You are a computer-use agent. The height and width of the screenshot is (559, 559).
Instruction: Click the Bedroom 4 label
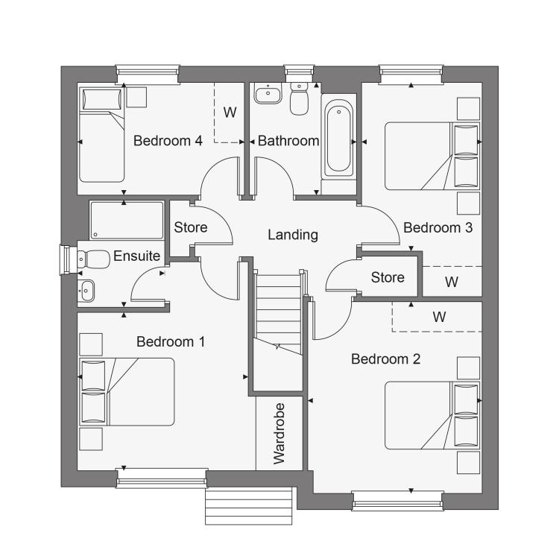point(168,141)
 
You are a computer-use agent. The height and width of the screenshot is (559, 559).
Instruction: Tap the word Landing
point(293,235)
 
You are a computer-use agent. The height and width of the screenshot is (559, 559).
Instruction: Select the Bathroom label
point(288,141)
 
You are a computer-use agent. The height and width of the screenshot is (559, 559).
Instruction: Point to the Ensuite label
point(136,256)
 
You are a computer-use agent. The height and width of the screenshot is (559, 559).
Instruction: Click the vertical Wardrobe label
point(279,434)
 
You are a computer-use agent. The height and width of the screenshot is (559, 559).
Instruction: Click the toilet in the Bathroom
point(299,98)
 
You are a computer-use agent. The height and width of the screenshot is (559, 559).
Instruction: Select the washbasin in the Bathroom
point(268,93)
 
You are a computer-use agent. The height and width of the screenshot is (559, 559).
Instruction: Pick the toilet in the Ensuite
point(93,259)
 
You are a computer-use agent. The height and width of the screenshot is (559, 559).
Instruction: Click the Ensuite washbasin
point(86,291)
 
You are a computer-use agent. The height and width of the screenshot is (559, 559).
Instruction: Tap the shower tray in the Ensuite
point(127,221)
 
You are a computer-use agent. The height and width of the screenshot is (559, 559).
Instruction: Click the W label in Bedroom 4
point(230,113)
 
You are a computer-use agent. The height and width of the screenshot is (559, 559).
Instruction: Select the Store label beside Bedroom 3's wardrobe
point(388,277)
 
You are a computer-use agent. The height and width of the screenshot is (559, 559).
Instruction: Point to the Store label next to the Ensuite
point(191,227)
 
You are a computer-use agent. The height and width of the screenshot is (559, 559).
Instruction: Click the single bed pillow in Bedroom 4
point(102,99)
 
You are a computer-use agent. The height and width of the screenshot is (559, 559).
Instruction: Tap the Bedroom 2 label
point(386,359)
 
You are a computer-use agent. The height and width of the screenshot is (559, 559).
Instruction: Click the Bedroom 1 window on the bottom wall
point(162,478)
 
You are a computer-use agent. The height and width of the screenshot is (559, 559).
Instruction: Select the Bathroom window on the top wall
point(299,74)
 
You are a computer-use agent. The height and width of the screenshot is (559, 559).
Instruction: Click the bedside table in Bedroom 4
point(136,98)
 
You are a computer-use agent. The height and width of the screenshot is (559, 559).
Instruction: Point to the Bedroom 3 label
point(438,227)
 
